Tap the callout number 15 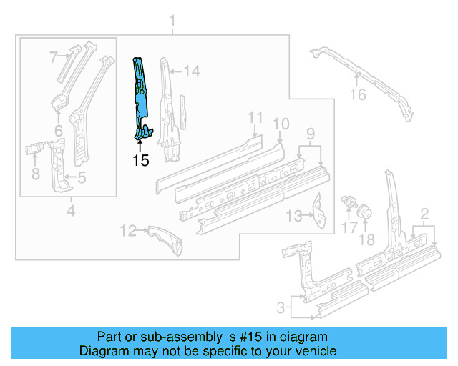coord(141,160)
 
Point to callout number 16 coord(357,96)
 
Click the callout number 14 coord(191,71)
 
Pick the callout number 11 coord(255,118)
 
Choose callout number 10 coord(281,124)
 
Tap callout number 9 coord(310,133)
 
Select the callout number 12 coord(128,230)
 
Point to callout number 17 coord(349,227)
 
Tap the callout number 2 coord(424,213)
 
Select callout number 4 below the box coord(70,210)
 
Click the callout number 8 coord(34,173)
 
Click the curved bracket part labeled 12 coord(165,239)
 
